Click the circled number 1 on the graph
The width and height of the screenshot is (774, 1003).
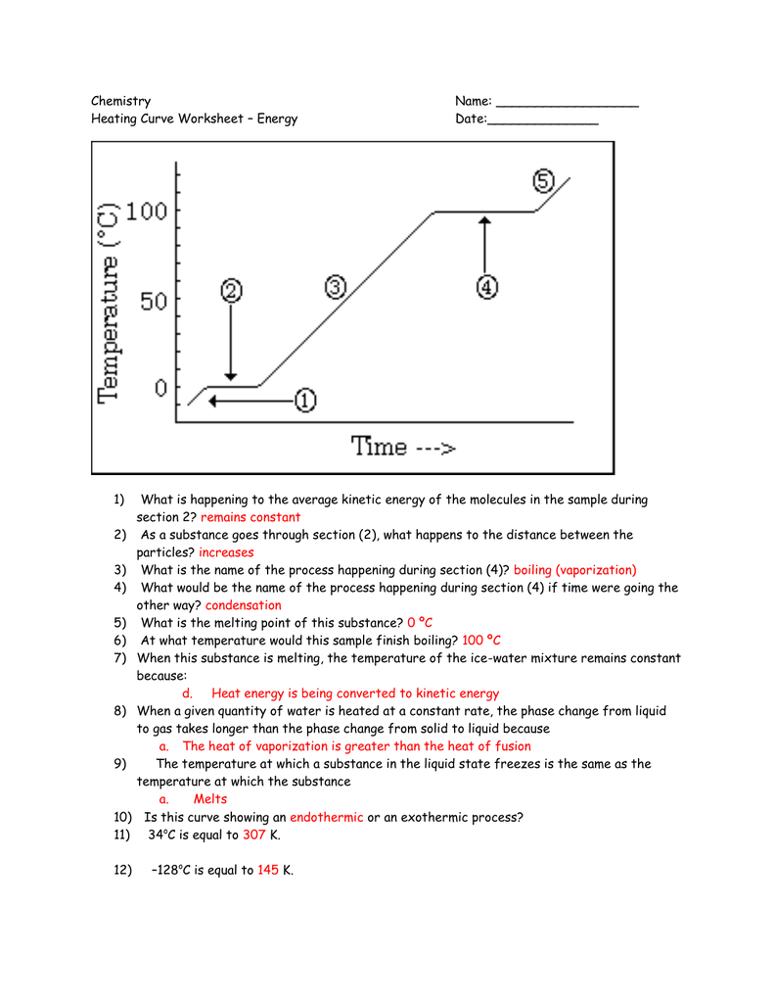[x=304, y=401]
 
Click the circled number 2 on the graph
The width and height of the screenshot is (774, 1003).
[x=231, y=292]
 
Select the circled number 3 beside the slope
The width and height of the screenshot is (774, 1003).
[x=335, y=287]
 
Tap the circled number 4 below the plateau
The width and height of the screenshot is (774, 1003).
[x=486, y=287]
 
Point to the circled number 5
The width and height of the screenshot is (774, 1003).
[x=543, y=180]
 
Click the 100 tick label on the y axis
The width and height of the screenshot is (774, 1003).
[x=147, y=211]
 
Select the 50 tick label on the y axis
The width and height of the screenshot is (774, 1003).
[x=155, y=301]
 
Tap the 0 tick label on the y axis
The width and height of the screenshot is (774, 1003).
[x=160, y=389]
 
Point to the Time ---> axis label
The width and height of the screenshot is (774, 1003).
[x=404, y=447]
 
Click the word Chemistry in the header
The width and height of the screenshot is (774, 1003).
[x=120, y=101]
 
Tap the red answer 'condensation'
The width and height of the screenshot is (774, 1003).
[x=244, y=605]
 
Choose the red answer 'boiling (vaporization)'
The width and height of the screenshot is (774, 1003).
[x=574, y=570]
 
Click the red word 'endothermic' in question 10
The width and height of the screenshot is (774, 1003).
[x=326, y=817]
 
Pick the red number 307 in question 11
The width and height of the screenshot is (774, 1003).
[x=254, y=835]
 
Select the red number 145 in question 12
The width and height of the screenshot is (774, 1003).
[x=268, y=870]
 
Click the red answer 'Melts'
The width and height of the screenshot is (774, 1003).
[x=209, y=799]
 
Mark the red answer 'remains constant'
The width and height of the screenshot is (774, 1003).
[x=250, y=517]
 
